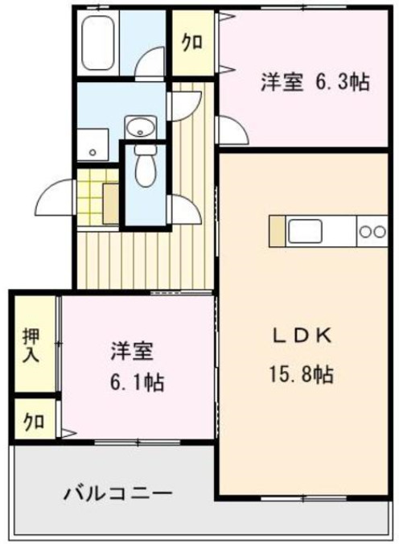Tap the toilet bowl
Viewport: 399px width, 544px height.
[x=146, y=170]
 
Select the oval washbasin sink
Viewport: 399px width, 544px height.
[x=140, y=126]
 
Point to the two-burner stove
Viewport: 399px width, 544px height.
[x=372, y=232]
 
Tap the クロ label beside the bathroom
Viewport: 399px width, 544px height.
[x=191, y=43]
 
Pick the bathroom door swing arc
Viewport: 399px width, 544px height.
[x=150, y=64]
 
